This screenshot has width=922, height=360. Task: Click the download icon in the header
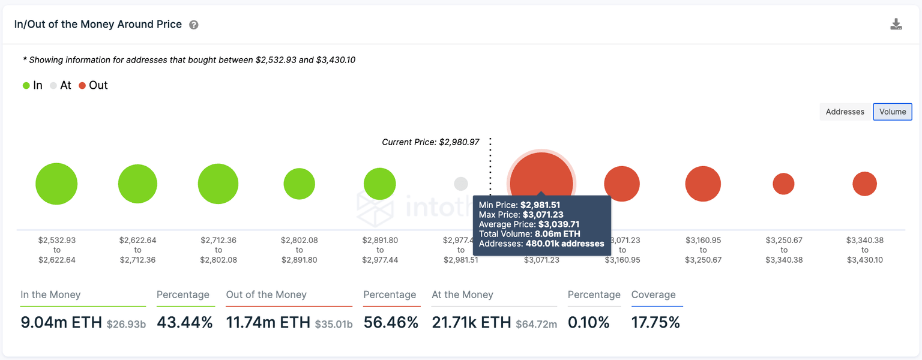point(896,25)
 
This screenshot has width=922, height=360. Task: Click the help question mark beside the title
point(193,25)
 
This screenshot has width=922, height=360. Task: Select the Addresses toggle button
point(845,112)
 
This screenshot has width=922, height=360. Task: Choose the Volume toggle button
point(893,112)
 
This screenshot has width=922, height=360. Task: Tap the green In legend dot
point(26,86)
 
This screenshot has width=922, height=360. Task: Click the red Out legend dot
point(82,86)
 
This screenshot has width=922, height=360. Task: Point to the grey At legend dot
point(53,86)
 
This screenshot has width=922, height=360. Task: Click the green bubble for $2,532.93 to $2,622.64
point(56,184)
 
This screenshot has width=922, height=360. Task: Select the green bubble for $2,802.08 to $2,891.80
point(299,184)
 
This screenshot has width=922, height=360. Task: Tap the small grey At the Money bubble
point(461,184)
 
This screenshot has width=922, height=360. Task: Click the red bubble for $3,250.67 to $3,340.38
point(783,184)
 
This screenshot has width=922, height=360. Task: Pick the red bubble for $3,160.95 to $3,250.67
point(703,184)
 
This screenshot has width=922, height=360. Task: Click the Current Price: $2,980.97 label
point(430,142)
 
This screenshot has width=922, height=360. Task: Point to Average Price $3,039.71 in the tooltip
point(521,224)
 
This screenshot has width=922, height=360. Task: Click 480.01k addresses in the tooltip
point(564,244)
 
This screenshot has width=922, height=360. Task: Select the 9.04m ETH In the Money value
point(61,323)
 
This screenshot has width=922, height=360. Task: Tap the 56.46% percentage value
point(390,323)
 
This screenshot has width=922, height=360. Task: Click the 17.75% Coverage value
point(655,323)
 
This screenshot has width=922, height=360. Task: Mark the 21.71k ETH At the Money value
point(471,323)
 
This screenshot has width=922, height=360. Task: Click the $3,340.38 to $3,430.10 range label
point(864,250)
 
